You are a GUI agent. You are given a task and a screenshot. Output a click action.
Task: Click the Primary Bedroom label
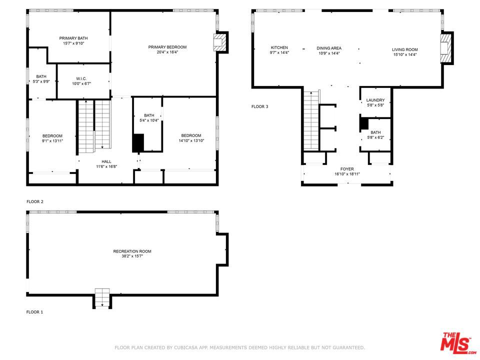[167, 47]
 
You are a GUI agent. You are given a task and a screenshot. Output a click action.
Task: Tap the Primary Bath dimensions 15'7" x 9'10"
[73, 43]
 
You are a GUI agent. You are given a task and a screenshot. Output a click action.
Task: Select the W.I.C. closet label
[81, 78]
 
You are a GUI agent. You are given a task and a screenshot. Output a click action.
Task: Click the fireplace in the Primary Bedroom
[220, 42]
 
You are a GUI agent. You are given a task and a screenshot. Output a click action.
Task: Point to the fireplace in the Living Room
[446, 48]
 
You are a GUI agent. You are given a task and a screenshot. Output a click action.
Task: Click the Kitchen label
[279, 47]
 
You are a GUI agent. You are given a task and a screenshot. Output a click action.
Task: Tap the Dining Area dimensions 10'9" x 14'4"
[329, 53]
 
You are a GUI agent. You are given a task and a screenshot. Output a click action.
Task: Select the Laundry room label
[375, 100]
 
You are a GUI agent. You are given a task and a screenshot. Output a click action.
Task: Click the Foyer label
[347, 169]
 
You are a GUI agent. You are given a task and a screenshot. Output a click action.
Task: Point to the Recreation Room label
[132, 251]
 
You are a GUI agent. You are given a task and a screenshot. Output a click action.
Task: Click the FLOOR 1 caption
[34, 312]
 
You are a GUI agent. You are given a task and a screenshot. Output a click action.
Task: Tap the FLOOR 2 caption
[35, 201]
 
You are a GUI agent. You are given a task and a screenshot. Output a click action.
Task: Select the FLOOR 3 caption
[259, 106]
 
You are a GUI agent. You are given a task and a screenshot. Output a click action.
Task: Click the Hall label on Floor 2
[106, 161]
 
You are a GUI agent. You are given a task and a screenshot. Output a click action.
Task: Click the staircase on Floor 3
[311, 120]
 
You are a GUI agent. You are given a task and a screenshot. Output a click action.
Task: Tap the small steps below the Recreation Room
[102, 297]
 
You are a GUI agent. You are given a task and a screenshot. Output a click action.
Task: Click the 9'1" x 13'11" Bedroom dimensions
[52, 141]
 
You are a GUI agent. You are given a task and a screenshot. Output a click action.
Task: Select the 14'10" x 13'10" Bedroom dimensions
[191, 141]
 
